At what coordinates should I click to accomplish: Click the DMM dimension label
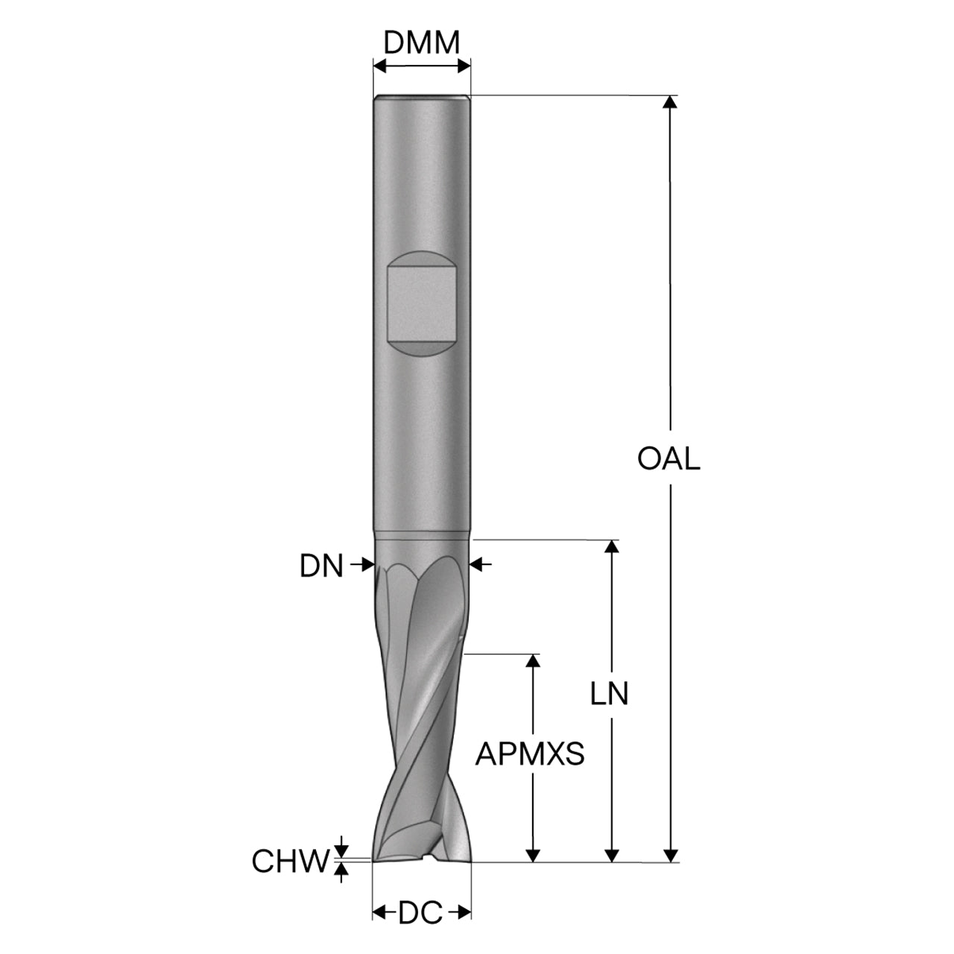[x=421, y=43]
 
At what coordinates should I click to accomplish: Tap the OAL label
[x=669, y=458]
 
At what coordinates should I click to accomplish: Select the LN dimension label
[x=609, y=694]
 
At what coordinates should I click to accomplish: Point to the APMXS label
[x=530, y=754]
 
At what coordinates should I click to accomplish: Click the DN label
[x=321, y=566]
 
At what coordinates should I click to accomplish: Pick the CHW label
[x=291, y=861]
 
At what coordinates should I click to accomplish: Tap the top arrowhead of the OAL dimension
[x=670, y=101]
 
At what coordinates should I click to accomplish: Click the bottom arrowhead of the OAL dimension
[x=670, y=856]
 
